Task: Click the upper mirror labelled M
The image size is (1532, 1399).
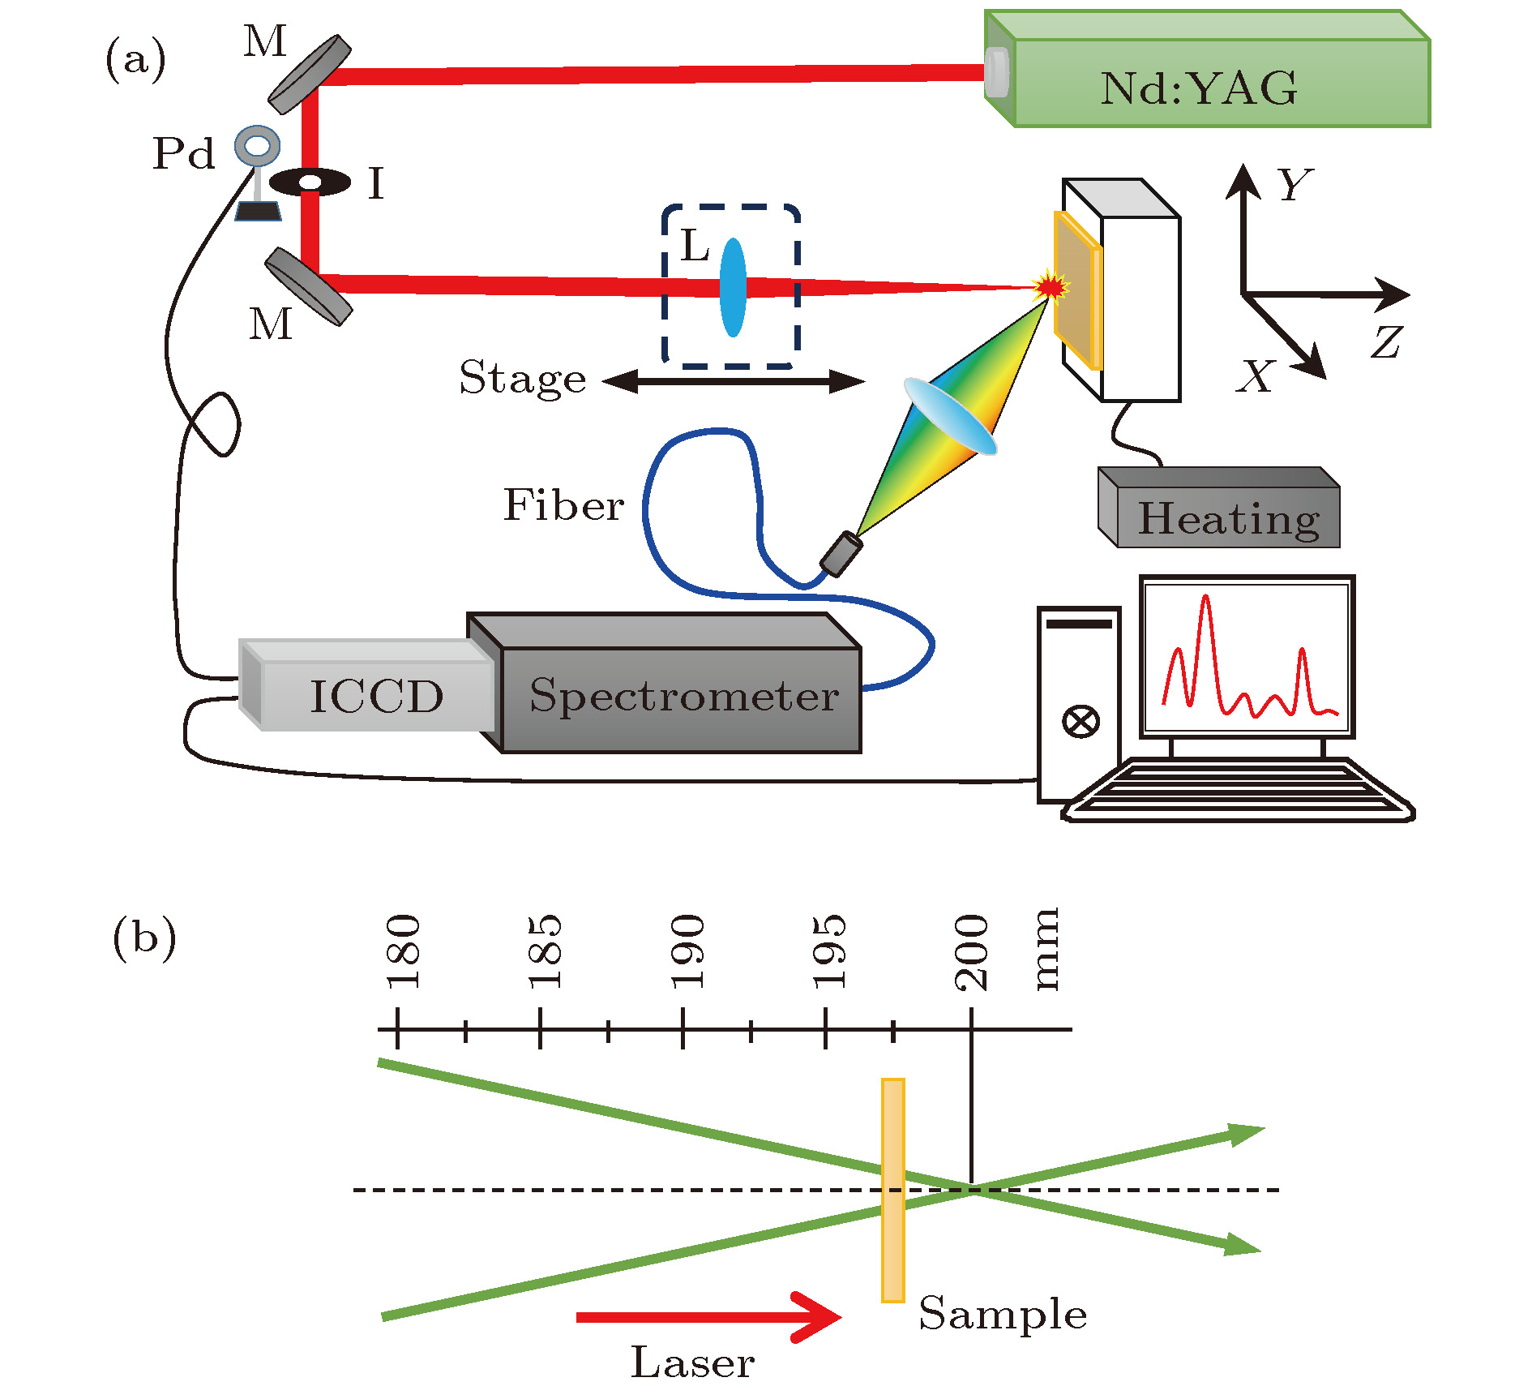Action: (310, 74)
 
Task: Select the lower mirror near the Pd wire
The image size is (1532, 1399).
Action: (309, 286)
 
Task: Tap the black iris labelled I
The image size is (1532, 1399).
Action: (310, 182)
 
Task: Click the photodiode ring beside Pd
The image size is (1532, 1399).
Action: (258, 147)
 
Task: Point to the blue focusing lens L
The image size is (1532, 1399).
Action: (733, 287)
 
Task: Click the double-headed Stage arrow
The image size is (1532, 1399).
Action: (734, 381)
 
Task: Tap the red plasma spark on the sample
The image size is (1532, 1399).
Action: (1051, 286)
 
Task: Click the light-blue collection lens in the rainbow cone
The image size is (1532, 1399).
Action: (950, 416)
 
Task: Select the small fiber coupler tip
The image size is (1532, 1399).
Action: (841, 554)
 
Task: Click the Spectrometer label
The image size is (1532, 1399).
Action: (683, 696)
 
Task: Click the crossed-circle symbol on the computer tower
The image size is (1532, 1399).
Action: (1081, 720)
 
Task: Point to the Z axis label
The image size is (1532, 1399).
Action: (1387, 342)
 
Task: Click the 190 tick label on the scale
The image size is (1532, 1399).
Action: (687, 951)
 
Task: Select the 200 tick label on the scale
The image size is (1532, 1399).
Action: (971, 951)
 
